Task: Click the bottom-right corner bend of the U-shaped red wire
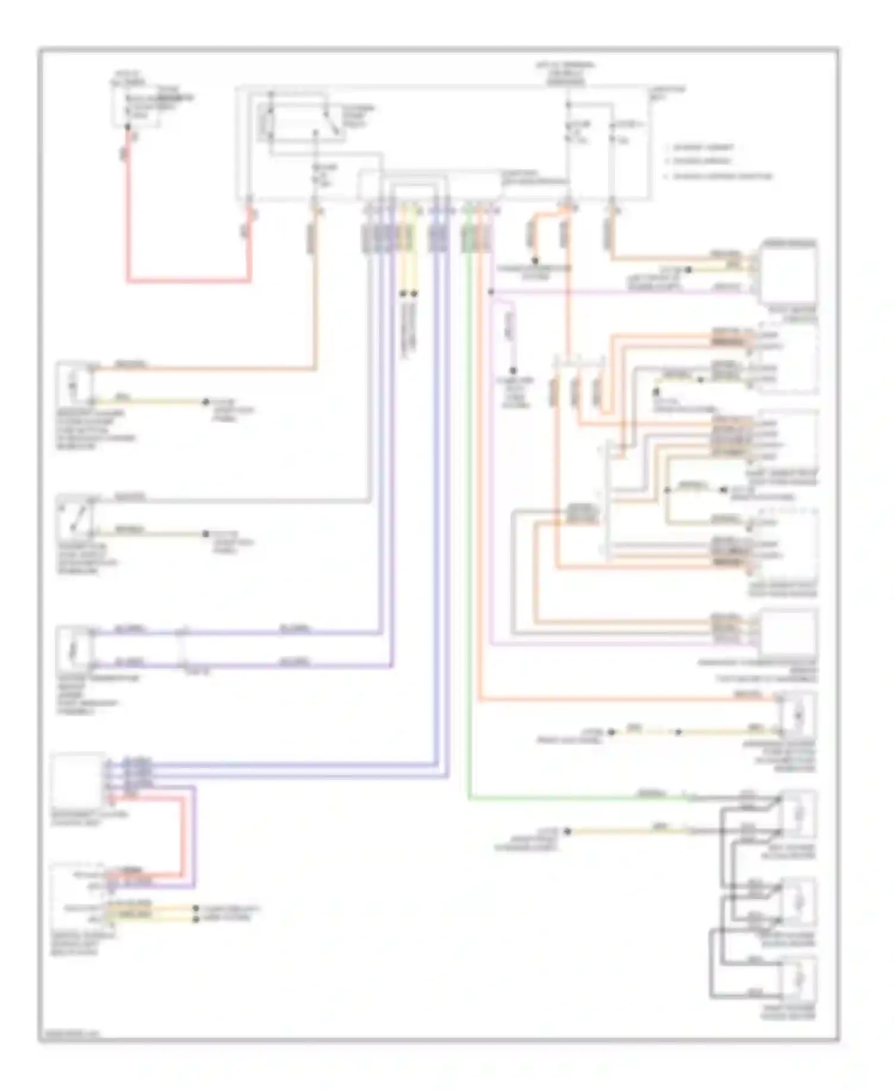click(x=249, y=280)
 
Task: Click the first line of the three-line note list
click(x=703, y=147)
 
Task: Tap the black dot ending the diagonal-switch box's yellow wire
click(x=206, y=534)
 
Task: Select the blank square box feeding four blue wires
click(x=77, y=780)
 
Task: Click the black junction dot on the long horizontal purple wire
click(x=491, y=292)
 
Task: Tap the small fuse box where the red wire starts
click(x=136, y=107)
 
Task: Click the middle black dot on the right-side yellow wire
click(x=678, y=732)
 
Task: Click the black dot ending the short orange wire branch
click(x=535, y=261)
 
